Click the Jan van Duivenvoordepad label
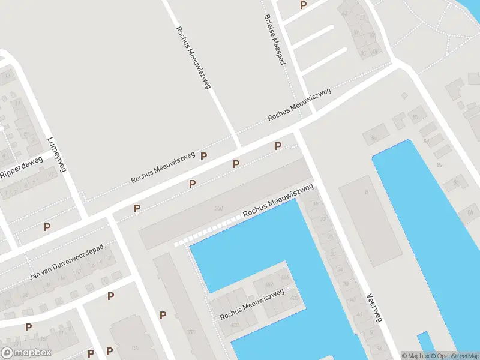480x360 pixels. [66, 262]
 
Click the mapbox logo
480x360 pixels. [26, 353]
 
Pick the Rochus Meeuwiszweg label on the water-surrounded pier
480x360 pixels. [251, 304]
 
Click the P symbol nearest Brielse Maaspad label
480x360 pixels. [303, 5]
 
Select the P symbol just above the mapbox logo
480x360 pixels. [28, 327]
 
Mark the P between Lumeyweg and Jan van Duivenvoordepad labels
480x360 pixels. [47, 227]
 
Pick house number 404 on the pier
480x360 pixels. [284, 277]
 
